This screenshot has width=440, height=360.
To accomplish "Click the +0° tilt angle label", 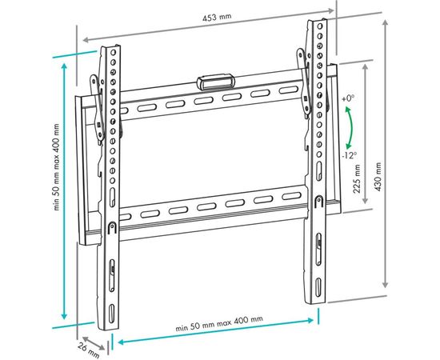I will (347, 98).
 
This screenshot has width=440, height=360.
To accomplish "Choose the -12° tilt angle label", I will (349, 155).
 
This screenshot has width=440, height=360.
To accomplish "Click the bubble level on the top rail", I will (217, 82).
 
